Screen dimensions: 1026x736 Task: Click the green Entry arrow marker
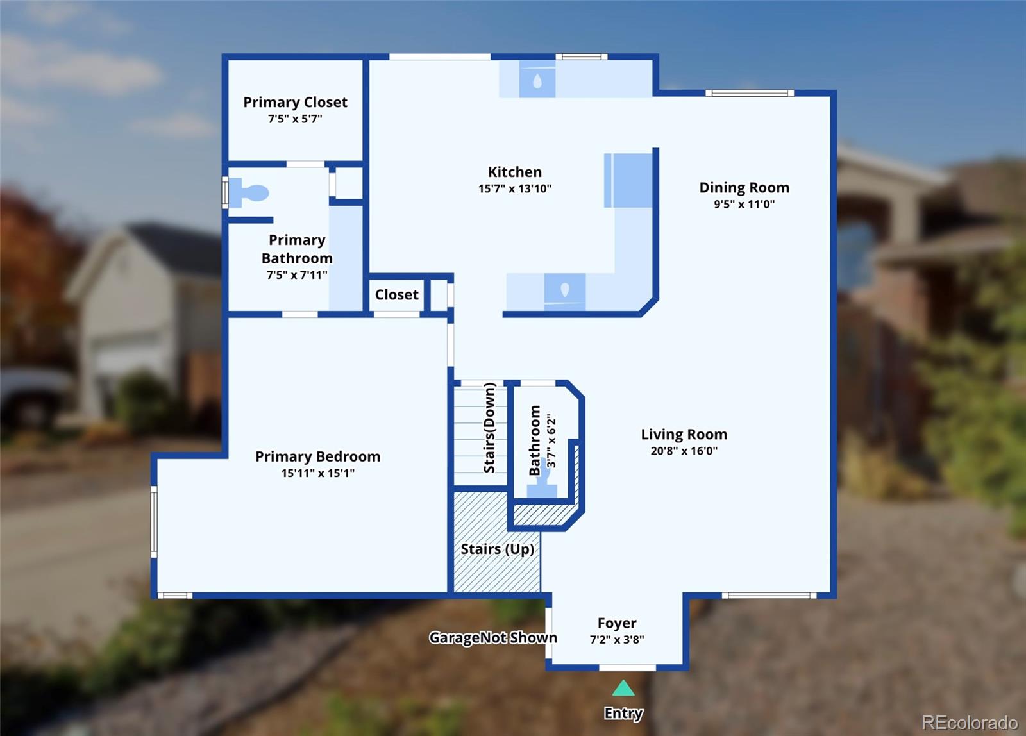pos(623,688)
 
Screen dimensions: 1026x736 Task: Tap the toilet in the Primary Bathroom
pos(249,193)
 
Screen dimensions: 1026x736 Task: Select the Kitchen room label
pos(514,172)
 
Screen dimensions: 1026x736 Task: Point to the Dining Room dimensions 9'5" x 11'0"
pos(744,204)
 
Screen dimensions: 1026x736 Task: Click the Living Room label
pos(684,434)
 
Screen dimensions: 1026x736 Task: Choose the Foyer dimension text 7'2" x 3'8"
pos(616,639)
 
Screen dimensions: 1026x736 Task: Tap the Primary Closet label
pos(295,102)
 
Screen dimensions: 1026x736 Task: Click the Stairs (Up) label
pos(498,549)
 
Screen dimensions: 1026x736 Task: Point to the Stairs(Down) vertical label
pos(489,428)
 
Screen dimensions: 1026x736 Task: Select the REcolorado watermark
pos(970,723)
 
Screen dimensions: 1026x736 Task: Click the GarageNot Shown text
pos(493,637)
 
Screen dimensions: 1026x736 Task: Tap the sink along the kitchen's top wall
pos(537,81)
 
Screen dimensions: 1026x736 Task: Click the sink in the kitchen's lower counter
pos(565,292)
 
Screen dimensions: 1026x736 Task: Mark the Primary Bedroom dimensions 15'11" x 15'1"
pos(317,473)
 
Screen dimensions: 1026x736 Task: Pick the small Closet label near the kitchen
pos(397,294)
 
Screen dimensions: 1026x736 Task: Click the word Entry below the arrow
pos(623,713)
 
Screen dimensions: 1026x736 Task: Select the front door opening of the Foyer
pos(628,668)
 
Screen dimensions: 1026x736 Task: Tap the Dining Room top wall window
pos(750,93)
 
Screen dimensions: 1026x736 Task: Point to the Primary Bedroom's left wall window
pos(155,522)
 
